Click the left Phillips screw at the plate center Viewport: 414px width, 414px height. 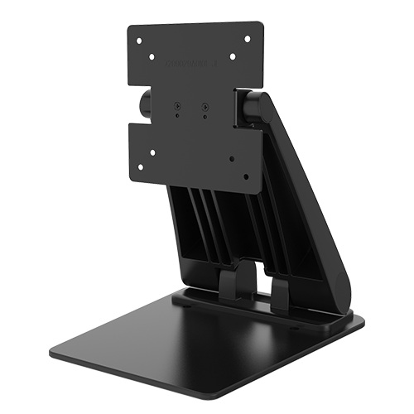click(x=178, y=105)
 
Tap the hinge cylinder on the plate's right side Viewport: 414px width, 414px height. click(x=253, y=108)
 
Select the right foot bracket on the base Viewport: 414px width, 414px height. click(x=279, y=292)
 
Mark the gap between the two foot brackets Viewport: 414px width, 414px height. click(x=257, y=286)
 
